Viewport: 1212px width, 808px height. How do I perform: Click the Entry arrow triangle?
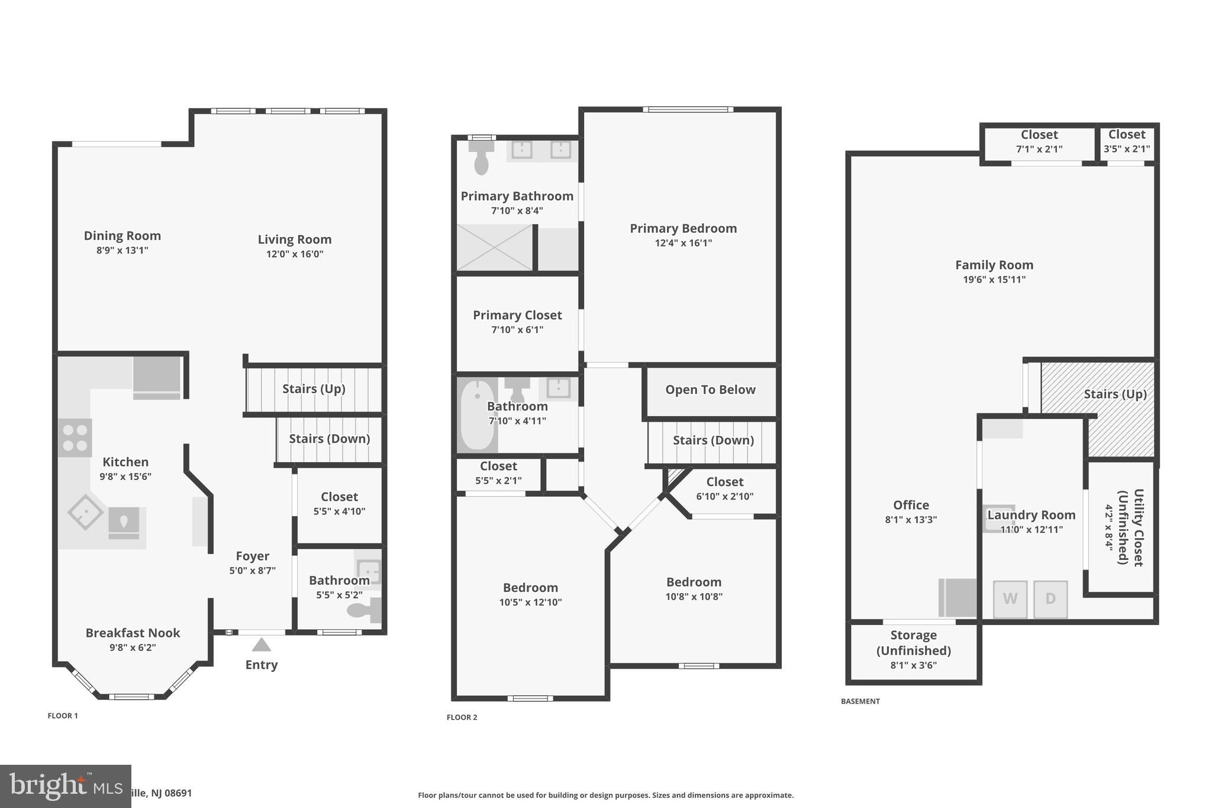pos(261,645)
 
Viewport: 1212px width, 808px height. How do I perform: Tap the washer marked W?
pos(1010,599)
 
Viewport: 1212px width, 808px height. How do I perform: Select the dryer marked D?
pos(1050,599)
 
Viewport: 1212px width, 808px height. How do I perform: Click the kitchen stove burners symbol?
pos(75,437)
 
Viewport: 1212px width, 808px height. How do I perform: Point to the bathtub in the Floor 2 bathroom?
pos(477,416)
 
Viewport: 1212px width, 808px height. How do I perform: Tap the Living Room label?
pos(294,239)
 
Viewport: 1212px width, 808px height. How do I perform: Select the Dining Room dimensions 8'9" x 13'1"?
pos(122,250)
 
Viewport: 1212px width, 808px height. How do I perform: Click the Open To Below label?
pos(710,389)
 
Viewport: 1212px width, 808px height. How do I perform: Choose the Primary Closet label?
pos(517,315)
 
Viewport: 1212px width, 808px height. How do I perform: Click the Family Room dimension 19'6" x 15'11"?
pos(994,279)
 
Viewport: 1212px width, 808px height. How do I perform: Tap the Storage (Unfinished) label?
pos(913,643)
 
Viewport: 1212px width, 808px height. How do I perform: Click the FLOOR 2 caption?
pos(462,717)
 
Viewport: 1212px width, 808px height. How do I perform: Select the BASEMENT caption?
pos(860,701)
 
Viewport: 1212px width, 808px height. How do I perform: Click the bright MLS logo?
pos(65,786)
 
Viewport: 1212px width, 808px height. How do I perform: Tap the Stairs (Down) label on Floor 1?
pos(329,439)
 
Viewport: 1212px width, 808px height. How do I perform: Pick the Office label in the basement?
pos(911,505)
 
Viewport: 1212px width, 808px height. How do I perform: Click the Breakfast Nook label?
pos(133,633)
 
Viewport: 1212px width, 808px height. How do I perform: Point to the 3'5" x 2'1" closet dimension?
pos(1127,149)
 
